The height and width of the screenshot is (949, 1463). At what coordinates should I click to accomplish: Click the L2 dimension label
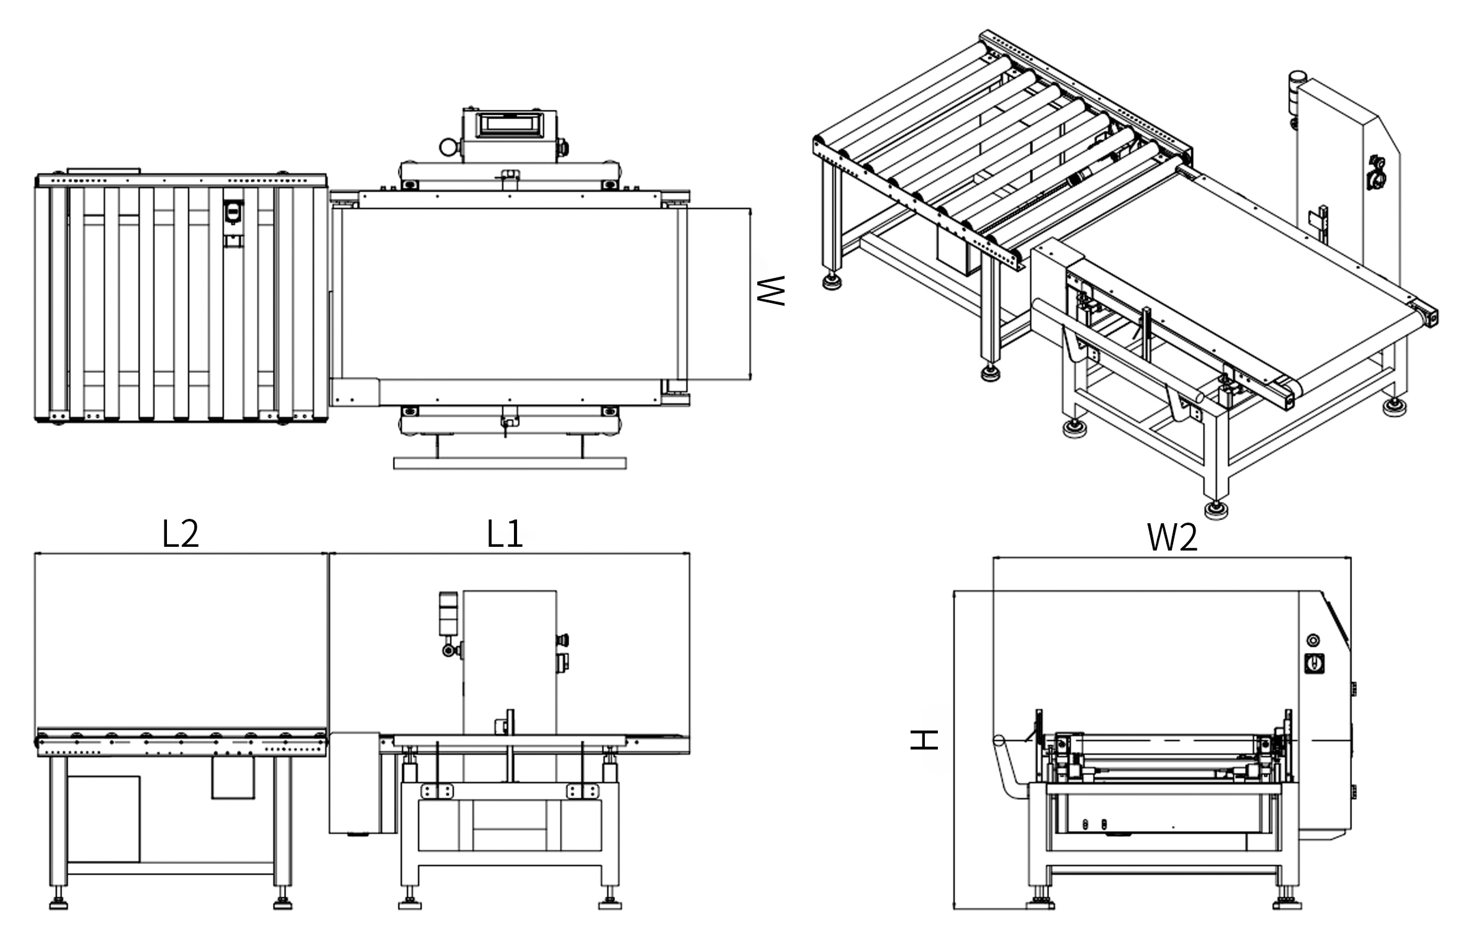point(180,534)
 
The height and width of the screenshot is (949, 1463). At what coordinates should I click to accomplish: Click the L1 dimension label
point(505,534)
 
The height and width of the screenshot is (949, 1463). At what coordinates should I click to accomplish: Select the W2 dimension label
point(1172,537)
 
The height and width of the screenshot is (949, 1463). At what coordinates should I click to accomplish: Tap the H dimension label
point(924,739)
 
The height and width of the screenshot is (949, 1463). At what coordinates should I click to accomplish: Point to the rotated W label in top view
point(772,290)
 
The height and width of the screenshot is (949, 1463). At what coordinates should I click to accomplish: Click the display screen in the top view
point(509,125)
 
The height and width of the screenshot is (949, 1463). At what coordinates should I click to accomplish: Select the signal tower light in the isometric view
point(1297,93)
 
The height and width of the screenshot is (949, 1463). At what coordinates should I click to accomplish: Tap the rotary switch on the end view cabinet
point(1313,663)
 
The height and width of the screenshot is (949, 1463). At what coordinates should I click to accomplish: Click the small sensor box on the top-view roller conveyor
point(233,213)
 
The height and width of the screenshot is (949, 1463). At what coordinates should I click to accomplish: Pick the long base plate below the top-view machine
point(510,463)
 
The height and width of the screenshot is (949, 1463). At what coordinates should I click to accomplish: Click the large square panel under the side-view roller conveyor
point(103,818)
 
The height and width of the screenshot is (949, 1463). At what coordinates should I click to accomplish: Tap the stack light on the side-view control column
point(448,614)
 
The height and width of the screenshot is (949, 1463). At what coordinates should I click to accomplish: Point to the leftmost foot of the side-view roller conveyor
point(58,902)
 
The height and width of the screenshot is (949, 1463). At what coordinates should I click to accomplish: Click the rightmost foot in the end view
point(1287,904)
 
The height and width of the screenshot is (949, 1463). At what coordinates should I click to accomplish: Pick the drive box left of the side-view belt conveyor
point(354,782)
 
